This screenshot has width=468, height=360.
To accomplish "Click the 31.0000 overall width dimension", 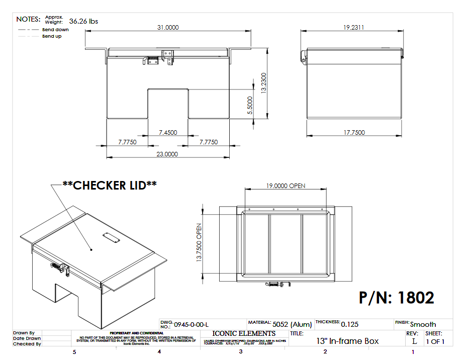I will pyautogui.click(x=168, y=28).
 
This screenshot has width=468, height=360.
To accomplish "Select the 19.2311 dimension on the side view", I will pyautogui.click(x=354, y=28).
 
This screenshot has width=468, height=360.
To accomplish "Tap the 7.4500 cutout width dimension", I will pyautogui.click(x=168, y=132).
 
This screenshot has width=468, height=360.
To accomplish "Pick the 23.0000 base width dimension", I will pyautogui.click(x=167, y=154).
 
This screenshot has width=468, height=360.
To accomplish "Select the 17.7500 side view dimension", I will pyautogui.click(x=354, y=132).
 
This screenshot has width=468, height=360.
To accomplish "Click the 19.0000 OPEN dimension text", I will pyautogui.click(x=286, y=186).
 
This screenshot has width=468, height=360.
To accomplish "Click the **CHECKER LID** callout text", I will pyautogui.click(x=109, y=185).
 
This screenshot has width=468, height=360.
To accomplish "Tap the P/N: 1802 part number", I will pyautogui.click(x=397, y=298).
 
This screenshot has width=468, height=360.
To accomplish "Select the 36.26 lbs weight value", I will pyautogui.click(x=83, y=21).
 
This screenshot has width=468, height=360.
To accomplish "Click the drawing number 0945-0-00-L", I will pyautogui.click(x=191, y=324).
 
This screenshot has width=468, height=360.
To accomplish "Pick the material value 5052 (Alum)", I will pyautogui.click(x=292, y=324).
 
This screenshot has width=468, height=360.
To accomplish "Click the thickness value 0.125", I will pyautogui.click(x=350, y=324).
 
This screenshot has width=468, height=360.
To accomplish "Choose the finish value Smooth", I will pyautogui.click(x=423, y=324).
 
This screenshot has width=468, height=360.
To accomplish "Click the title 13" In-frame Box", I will pyautogui.click(x=347, y=341).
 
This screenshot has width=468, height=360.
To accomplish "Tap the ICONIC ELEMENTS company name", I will pyautogui.click(x=244, y=333).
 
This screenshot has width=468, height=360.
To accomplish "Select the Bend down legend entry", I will pyautogui.click(x=55, y=30).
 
